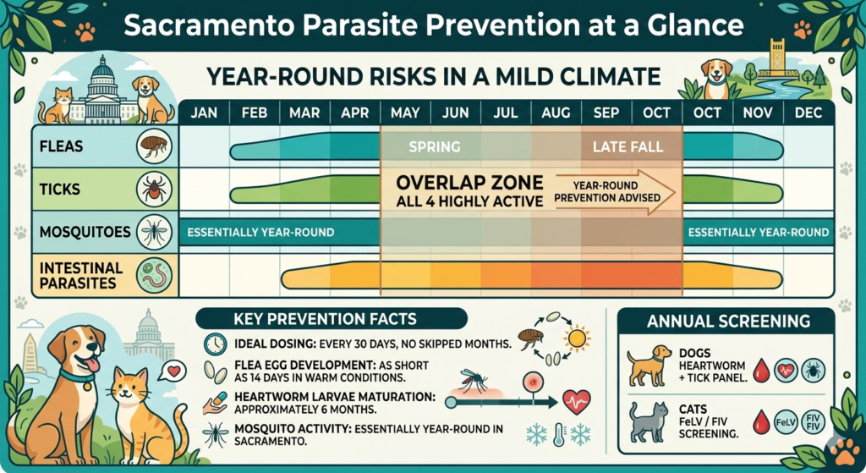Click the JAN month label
tap(204, 113)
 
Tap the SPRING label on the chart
tap(434, 147)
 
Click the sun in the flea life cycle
tap(577, 339)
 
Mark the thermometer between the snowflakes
tap(556, 434)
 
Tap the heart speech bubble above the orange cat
tap(175, 370)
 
